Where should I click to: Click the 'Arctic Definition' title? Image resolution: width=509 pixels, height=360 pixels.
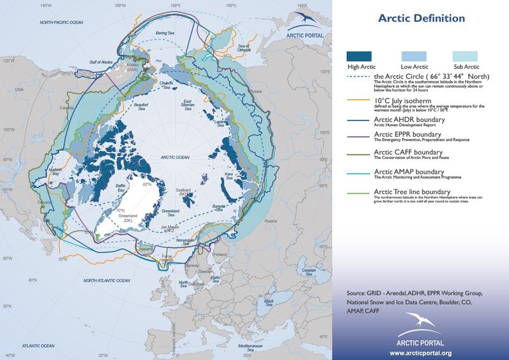(421, 18)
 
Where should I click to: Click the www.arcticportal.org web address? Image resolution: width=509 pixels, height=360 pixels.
(421, 352)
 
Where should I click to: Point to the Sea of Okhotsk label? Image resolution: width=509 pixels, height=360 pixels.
(244, 47)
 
